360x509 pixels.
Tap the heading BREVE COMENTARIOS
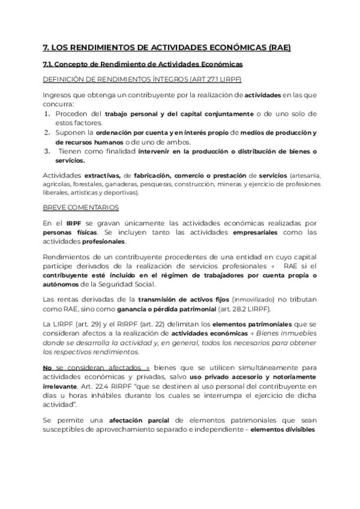click(80, 207)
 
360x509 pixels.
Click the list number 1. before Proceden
click(49, 113)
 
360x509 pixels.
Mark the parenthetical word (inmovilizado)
click(254, 300)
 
